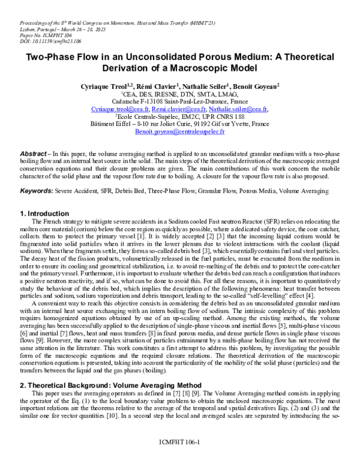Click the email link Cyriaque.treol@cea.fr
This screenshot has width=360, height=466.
124,110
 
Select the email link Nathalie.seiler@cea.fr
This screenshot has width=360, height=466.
235,110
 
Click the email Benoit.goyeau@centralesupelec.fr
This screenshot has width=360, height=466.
179,130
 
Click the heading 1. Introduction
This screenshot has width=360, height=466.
44,213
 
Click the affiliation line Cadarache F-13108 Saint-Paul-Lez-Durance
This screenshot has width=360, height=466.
179,102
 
